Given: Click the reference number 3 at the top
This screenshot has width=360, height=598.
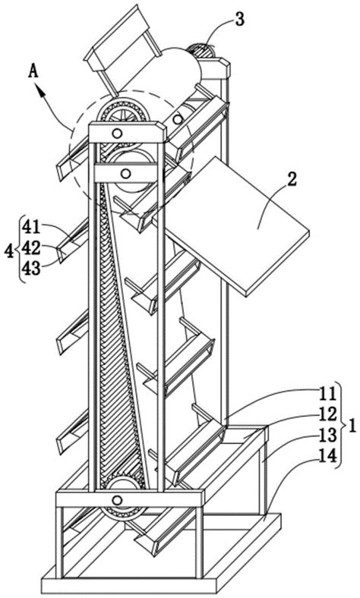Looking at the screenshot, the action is point(239,20).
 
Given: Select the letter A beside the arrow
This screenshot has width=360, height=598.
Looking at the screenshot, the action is point(34,71).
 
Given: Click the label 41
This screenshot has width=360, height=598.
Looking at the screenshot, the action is point(31,228).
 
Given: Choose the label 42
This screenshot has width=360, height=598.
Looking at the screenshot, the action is point(31,248).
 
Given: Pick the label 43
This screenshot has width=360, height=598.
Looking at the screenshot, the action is point(31,269).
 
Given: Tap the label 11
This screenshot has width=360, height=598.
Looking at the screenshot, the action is point(328,394).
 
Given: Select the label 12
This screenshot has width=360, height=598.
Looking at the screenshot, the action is point(328,414).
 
